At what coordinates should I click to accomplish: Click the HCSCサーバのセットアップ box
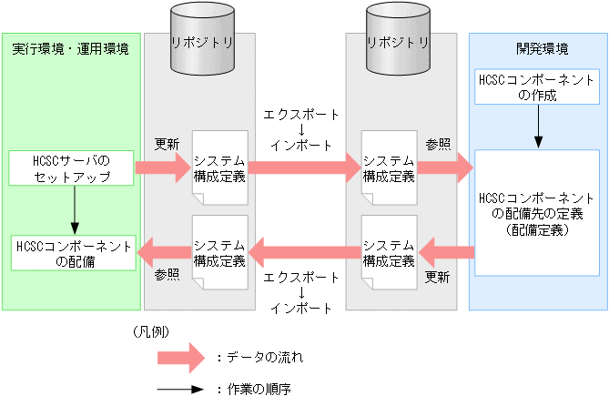pos(71,168)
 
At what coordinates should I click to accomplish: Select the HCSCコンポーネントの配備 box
pos(71,253)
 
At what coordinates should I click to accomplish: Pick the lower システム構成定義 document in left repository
pos(219,253)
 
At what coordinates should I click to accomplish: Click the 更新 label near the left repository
pos(167,144)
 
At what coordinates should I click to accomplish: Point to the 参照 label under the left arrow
pos(167,273)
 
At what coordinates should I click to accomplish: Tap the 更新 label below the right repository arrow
pos(437,277)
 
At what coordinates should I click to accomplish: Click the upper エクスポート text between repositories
pos(300,116)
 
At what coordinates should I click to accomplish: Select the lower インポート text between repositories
pos(300,308)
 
